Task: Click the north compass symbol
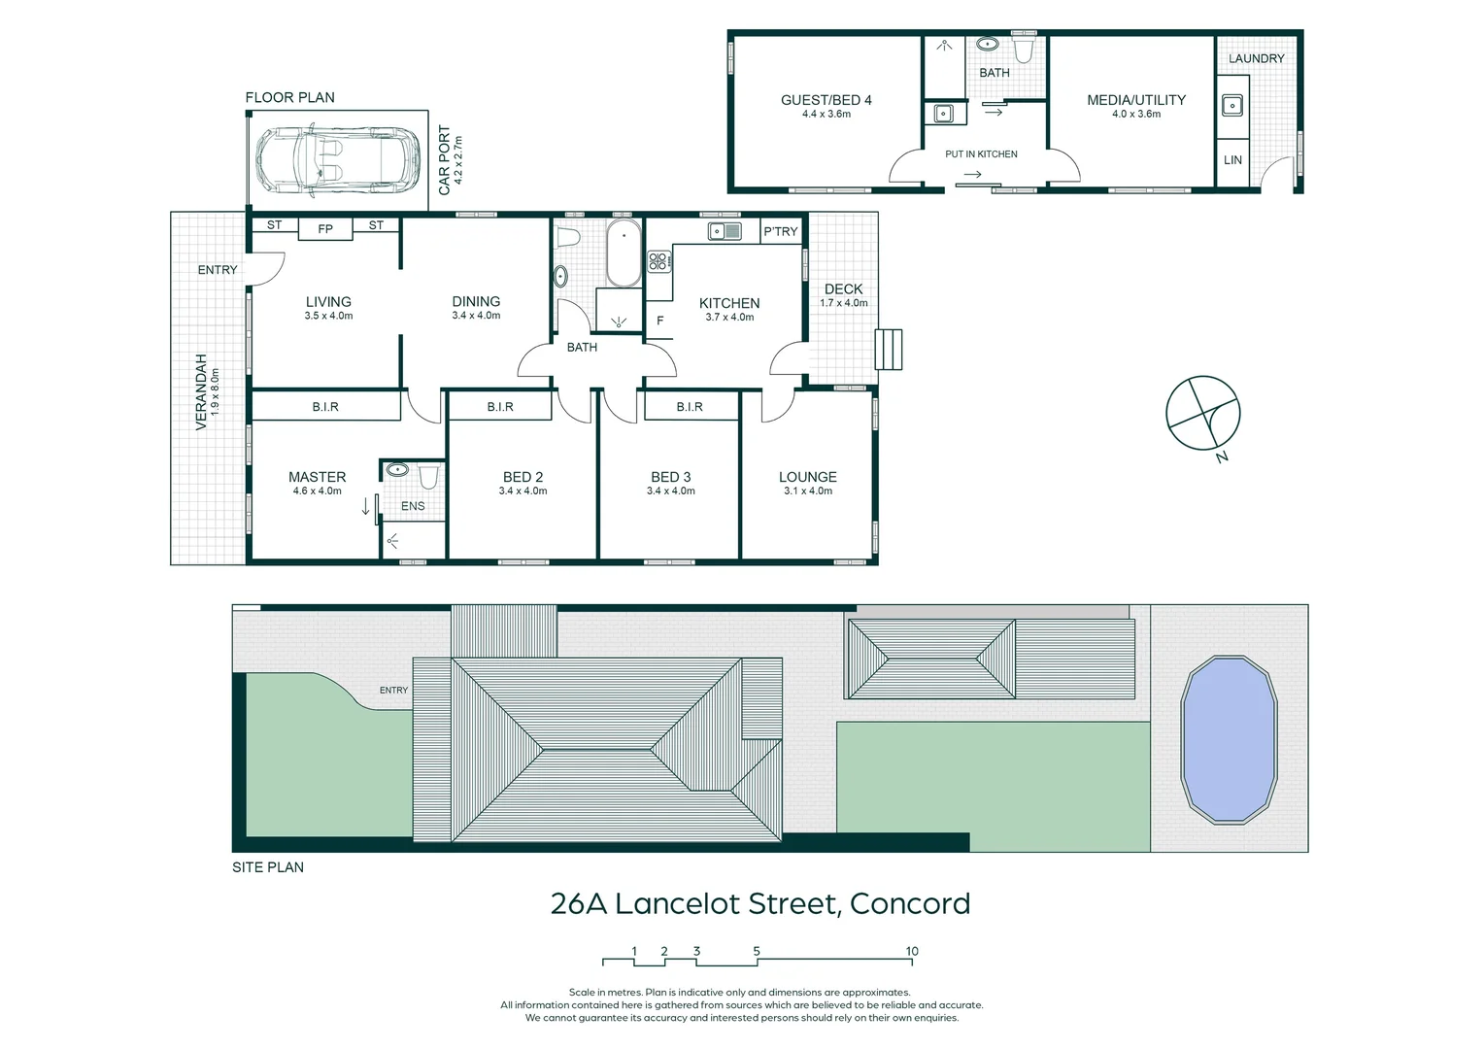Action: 1203,414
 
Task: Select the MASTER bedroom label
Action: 317,477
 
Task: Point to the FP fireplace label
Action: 325,229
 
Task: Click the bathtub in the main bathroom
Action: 623,254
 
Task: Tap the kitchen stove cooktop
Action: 658,260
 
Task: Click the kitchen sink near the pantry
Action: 725,231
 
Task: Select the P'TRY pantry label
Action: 780,231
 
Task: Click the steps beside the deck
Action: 889,350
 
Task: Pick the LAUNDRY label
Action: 1256,58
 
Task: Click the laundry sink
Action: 1231,105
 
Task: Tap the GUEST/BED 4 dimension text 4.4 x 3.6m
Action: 826,114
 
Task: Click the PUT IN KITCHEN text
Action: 981,154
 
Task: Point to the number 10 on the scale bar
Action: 912,951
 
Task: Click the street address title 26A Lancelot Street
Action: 759,903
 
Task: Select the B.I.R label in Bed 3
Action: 690,407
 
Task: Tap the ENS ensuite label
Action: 413,506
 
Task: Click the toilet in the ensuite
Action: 428,476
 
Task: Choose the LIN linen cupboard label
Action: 1232,160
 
